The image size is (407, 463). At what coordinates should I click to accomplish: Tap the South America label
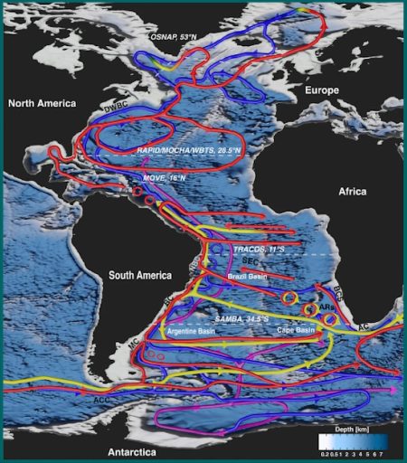click(x=140, y=274)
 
